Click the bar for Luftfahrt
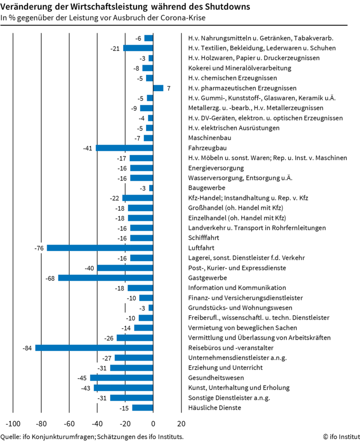pyautogui.click(x=100, y=248)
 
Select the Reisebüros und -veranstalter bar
pyautogui.click(x=94, y=348)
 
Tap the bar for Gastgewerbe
pyautogui.click(x=105, y=278)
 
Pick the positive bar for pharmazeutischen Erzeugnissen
pyautogui.click(x=158, y=88)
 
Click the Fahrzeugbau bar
pyautogui.click(x=125, y=148)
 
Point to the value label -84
pyautogui.click(x=27, y=348)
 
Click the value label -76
pyautogui.click(x=39, y=248)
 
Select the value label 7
pyautogui.click(x=168, y=88)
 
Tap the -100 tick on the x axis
pyautogui.click(x=13, y=423)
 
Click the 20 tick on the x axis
pyautogui.click(x=181, y=423)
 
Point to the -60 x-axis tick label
pyautogui.click(x=69, y=423)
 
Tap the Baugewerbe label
pyautogui.click(x=206, y=188)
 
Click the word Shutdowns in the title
pyautogui.click(x=226, y=7)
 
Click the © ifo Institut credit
pyautogui.click(x=339, y=436)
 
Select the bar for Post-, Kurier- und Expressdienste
pyautogui.click(x=125, y=268)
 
